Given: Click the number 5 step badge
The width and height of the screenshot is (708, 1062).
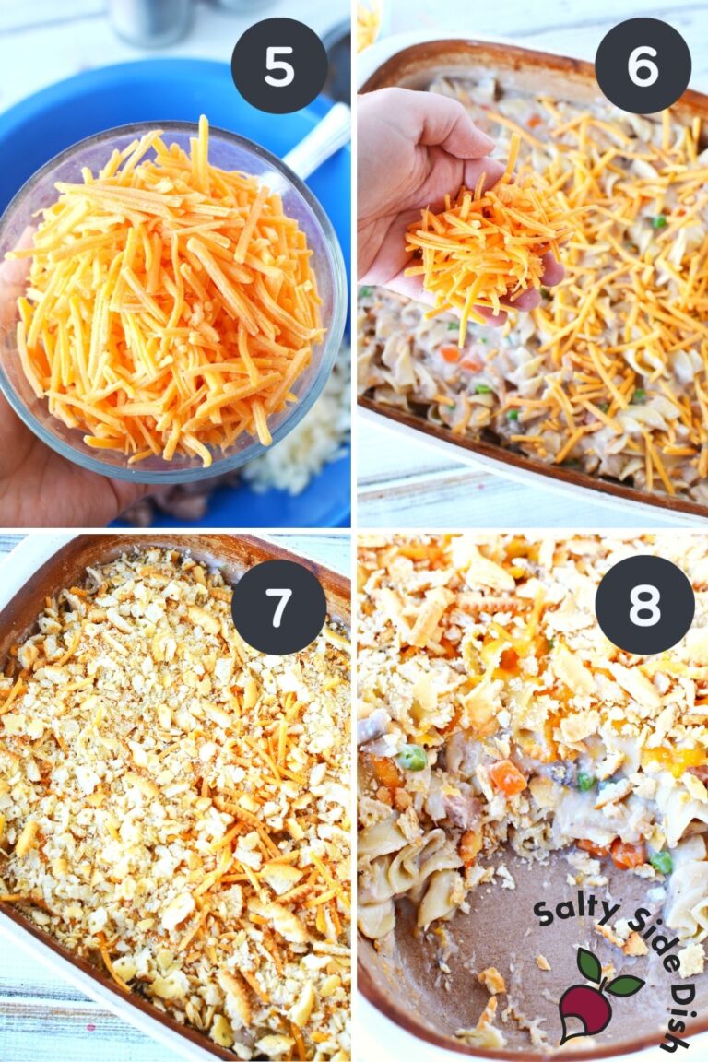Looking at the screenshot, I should click(x=279, y=65).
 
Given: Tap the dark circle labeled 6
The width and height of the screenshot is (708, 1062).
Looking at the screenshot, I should click(x=643, y=65).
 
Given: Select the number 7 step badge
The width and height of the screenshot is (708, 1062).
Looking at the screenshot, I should click(x=278, y=607).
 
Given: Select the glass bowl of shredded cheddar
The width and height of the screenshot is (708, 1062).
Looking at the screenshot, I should click(x=171, y=295).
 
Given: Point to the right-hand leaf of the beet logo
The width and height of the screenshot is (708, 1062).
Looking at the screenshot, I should click(x=624, y=985).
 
